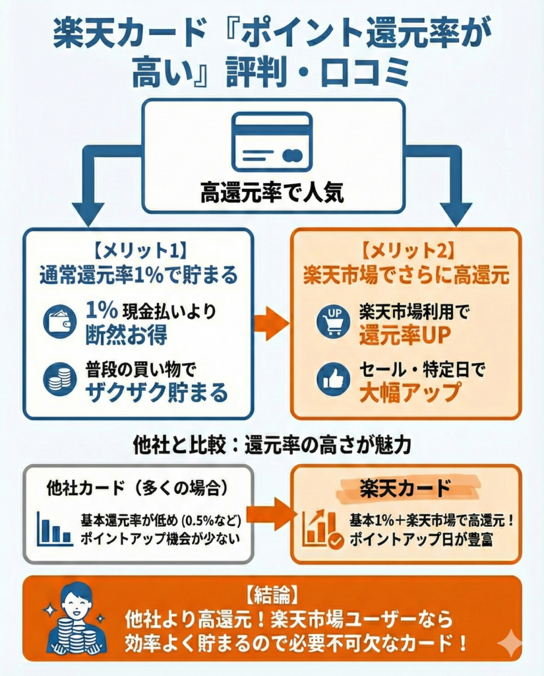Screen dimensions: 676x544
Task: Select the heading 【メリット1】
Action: coord(138,252)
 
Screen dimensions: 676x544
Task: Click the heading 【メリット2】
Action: coord(406,252)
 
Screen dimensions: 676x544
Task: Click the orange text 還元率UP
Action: coord(405,335)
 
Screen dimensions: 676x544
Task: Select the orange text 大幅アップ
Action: coord(409,393)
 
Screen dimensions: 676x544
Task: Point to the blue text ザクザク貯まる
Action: coord(156,393)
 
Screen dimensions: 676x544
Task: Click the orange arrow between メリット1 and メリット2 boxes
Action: coord(271,323)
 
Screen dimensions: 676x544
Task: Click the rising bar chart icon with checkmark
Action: coord(322,529)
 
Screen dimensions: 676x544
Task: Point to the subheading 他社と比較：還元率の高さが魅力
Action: coord(271,444)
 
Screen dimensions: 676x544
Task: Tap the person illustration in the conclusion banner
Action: coord(76,618)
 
